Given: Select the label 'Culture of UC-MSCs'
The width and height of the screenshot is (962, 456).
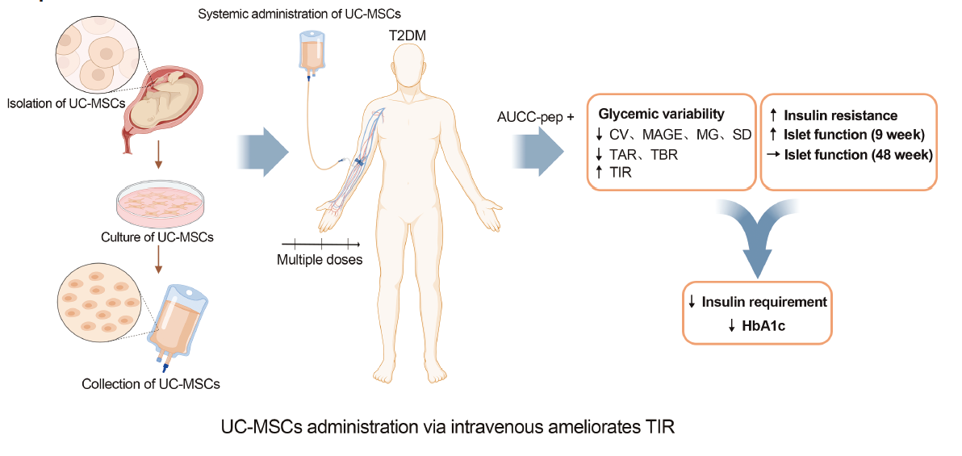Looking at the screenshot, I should coord(157,237).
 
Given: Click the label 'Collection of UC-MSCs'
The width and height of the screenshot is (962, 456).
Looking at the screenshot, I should coord(151,383).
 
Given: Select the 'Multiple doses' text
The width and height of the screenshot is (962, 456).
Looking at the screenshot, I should coord(320,260).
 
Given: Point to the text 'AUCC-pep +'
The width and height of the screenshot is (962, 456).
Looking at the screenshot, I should coord(536,117).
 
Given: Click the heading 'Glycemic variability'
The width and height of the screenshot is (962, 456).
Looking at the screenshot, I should coord(662,114).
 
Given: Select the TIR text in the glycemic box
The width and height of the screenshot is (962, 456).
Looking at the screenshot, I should coord(622,173).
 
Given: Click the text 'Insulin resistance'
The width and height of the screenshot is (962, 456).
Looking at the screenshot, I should coord(840,116).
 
